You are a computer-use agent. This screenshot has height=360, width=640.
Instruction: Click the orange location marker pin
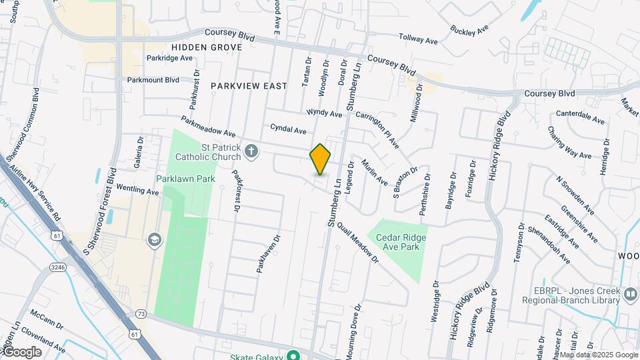click(x=321, y=159)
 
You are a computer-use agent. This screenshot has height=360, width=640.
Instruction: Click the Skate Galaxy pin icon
click(x=292, y=355)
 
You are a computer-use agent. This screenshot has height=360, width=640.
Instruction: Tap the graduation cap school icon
click(x=155, y=239)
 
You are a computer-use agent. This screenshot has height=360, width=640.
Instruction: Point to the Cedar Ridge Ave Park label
click(x=400, y=242)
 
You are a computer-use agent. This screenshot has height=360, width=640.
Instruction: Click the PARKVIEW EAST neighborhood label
click(x=249, y=86)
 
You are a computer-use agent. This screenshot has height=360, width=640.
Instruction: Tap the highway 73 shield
click(x=140, y=313)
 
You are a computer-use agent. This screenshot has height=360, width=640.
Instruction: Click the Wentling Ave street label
click(x=138, y=189)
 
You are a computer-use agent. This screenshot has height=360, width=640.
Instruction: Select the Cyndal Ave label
click(x=288, y=128)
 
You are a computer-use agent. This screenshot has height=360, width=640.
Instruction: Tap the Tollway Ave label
click(x=418, y=39)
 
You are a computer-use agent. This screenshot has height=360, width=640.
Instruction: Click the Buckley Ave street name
click(x=470, y=31)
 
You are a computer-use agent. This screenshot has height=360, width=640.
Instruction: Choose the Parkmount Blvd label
click(x=154, y=80)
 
